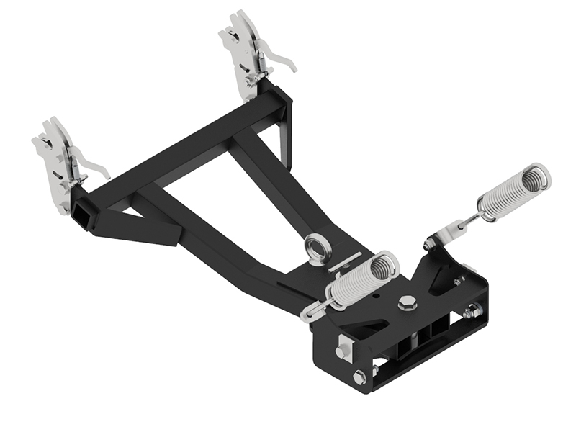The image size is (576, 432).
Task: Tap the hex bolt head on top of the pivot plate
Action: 407,302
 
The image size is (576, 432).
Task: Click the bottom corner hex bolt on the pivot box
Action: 359,377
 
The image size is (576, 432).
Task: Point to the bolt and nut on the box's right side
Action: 472,312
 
